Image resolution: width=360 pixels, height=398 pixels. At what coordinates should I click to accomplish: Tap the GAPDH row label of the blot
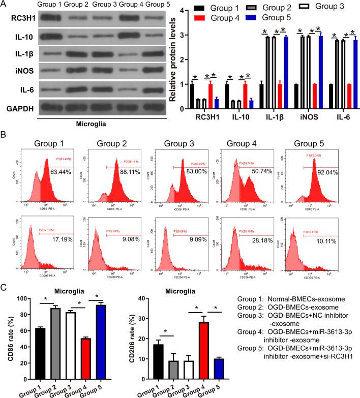19,108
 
